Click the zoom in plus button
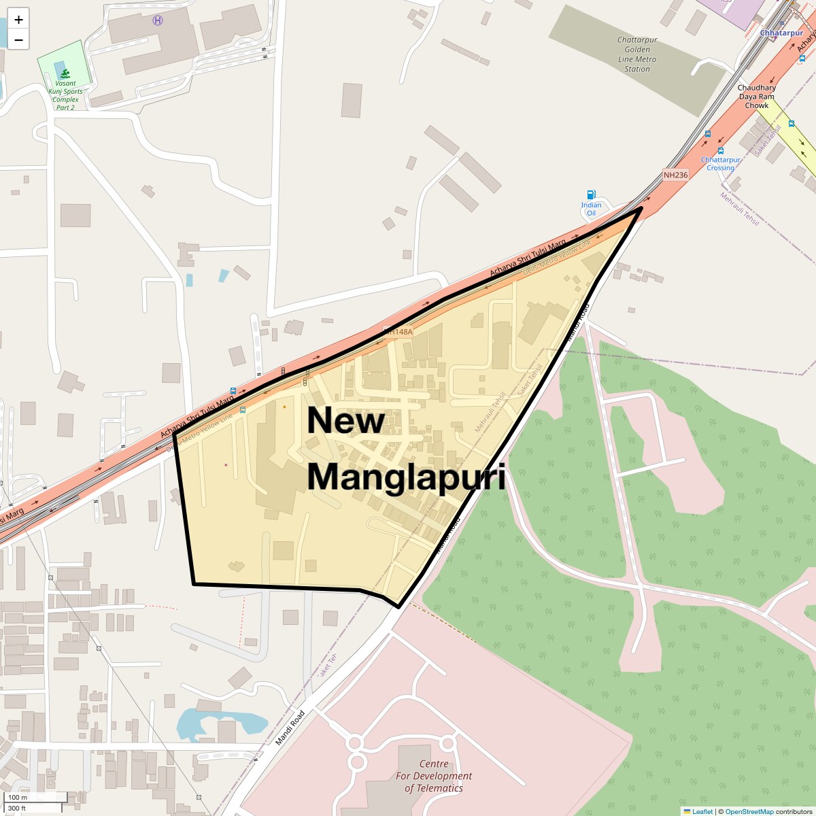(x=18, y=20)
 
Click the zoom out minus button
(x=18, y=40)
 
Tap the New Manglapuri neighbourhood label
(x=406, y=449)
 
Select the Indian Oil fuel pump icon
(x=591, y=195)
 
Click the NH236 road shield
(x=675, y=175)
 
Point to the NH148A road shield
(x=398, y=332)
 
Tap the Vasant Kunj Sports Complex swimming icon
(x=65, y=73)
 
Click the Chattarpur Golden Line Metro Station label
(x=637, y=54)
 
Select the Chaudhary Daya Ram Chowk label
(x=756, y=97)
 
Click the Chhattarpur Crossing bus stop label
(x=720, y=164)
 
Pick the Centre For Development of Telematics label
(x=433, y=776)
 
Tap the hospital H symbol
(x=158, y=20)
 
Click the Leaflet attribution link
(x=702, y=811)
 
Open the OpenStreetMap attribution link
(x=749, y=811)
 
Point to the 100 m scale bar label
(x=18, y=797)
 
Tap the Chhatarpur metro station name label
(x=781, y=33)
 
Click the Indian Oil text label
(x=591, y=209)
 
